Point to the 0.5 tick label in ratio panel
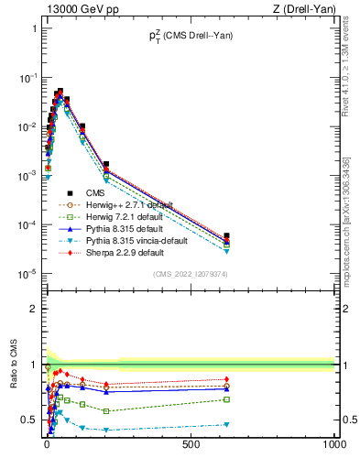coord(29,420)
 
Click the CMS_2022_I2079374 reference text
coord(190,273)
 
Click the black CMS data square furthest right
coord(226,236)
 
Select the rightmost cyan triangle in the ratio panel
coord(226,424)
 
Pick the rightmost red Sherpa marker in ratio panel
coord(226,379)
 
